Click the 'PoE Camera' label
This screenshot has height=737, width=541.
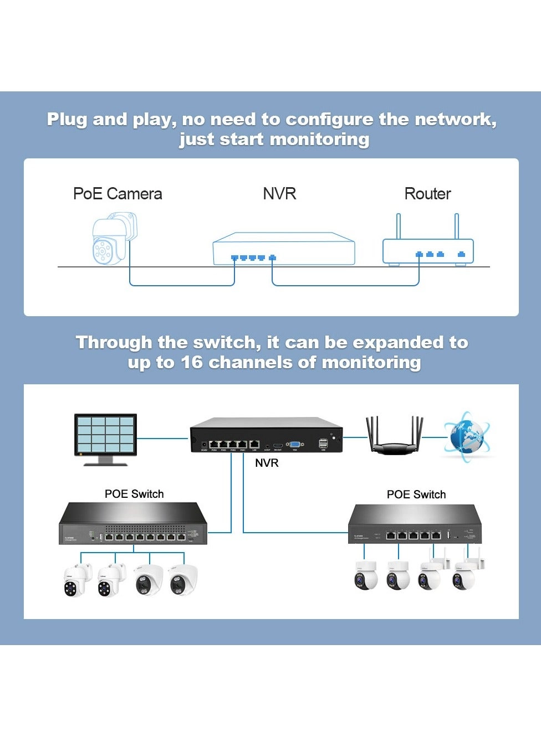118,194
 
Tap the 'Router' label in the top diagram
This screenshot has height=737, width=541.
427,194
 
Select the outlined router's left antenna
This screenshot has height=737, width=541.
398,226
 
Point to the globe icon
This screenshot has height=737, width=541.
466,436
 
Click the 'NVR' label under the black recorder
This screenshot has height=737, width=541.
267,463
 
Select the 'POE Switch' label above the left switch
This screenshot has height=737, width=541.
134,494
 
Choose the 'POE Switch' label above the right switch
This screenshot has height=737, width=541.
416,494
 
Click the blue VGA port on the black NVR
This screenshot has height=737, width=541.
295,444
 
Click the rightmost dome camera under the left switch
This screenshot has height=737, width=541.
182,580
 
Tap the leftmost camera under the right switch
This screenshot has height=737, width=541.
366,575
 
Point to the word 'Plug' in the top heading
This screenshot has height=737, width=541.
67,119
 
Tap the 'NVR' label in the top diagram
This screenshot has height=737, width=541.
279,194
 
